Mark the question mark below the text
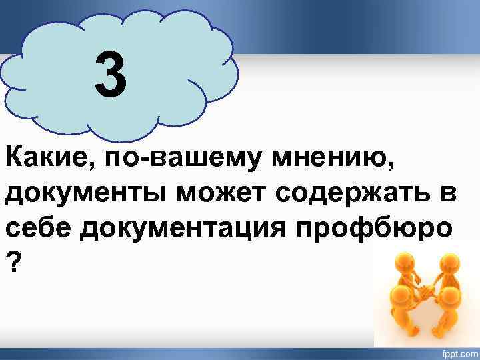pos(13,262)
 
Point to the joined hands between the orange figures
pos(427,292)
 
